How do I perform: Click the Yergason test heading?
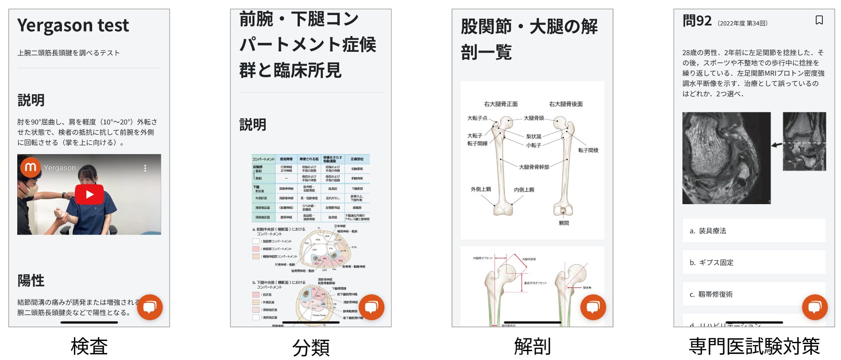coord(73,26)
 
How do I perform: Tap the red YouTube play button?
coord(89,194)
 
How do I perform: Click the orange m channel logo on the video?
coord(31,167)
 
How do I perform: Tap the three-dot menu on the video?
coord(145,168)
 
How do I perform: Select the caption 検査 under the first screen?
coord(89,346)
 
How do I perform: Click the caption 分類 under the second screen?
coord(311,347)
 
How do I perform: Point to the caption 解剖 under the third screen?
coord(532,346)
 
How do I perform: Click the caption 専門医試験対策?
coord(754,346)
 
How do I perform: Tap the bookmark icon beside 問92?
coord(819,20)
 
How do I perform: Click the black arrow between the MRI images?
coord(776,144)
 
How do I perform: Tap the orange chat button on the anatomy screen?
coord(593,307)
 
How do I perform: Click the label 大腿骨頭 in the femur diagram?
coord(534,118)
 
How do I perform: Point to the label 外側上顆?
coord(481,189)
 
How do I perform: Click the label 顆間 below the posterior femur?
coord(563,223)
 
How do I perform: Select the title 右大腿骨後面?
coord(566,104)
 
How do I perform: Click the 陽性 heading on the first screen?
coord(31,280)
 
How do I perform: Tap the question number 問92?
coord(697,21)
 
